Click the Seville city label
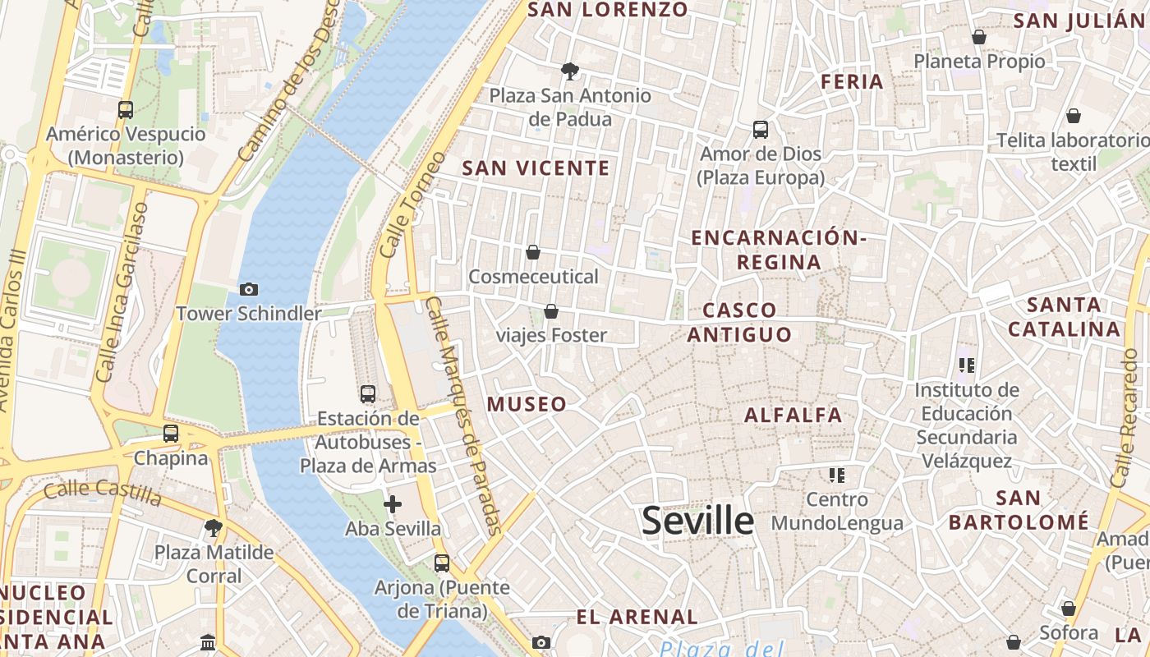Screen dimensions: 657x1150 [697, 521]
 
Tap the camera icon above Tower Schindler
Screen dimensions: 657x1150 [248, 289]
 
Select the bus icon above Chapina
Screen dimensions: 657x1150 [171, 433]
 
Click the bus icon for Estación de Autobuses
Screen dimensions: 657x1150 [368, 394]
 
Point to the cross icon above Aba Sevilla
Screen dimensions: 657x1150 [393, 503]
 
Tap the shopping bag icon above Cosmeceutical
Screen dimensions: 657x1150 [533, 252]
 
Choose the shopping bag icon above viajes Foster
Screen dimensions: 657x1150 [551, 311]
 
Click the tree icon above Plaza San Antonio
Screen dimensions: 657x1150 [569, 71]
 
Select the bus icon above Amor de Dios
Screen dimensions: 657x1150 [761, 130]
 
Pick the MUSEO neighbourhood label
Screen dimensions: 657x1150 [527, 404]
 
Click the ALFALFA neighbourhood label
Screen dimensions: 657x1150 [793, 415]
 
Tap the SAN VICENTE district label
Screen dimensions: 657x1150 [536, 168]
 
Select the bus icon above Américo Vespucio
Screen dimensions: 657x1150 [126, 110]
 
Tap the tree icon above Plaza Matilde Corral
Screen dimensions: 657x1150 [214, 527]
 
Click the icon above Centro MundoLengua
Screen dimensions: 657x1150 [837, 475]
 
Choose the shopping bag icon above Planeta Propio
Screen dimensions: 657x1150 [979, 37]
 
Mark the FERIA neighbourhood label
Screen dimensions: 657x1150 [853, 81]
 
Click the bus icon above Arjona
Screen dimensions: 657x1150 [442, 563]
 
